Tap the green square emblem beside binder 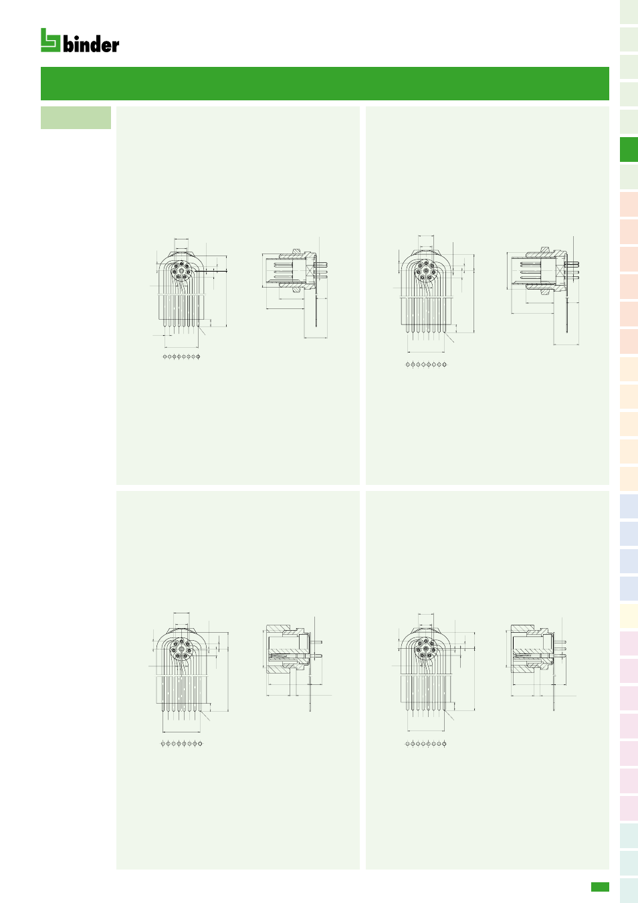click(50, 40)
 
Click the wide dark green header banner click(325, 84)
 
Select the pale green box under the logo click(76, 118)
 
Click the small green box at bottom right click(600, 887)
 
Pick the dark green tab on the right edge click(629, 150)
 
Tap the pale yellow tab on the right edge click(629, 615)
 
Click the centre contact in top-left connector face click(181, 271)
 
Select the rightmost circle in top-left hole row click(199, 357)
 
